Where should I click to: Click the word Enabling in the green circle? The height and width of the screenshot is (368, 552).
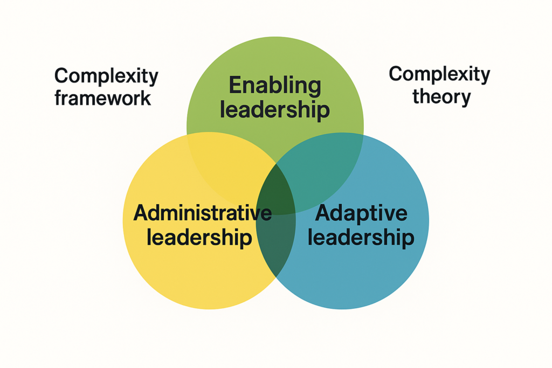(275, 86)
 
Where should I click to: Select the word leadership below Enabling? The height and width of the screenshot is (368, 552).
(275, 110)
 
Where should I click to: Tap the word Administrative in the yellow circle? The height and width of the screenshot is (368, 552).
(202, 213)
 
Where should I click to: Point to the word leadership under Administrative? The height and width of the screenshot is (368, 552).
(199, 238)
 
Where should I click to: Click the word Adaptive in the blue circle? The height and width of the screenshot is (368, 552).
(361, 213)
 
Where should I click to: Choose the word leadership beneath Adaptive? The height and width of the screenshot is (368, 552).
(361, 238)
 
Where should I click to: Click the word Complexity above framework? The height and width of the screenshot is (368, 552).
(106, 76)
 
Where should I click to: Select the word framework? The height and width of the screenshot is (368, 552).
(103, 99)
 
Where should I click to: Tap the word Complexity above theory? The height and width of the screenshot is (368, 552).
(439, 74)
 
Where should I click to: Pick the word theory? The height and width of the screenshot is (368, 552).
(441, 97)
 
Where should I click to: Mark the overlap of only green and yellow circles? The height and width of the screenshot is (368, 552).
(226, 156)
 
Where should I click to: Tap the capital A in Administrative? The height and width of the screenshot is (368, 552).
(141, 213)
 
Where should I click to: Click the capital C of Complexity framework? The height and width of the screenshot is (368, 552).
(61, 75)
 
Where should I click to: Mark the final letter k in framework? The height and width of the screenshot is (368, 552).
(146, 99)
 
